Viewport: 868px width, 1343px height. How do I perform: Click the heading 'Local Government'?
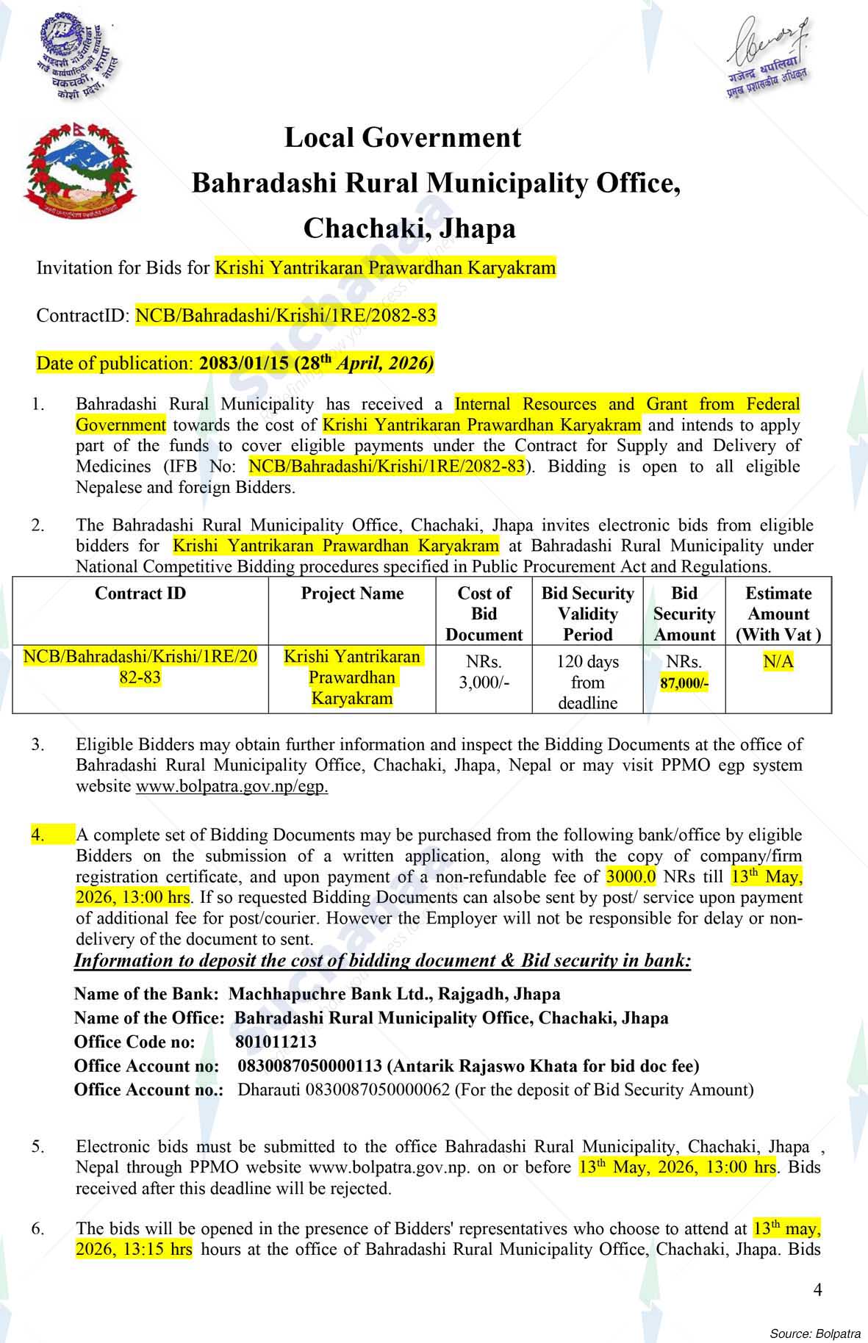(x=403, y=138)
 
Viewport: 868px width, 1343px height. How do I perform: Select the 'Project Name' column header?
(x=352, y=594)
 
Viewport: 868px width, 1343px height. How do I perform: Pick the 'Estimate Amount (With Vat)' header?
(x=778, y=613)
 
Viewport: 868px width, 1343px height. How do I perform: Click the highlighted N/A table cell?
(x=778, y=662)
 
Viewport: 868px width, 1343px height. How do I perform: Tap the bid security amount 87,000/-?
(x=684, y=683)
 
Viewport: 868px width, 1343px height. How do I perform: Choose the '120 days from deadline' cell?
(x=587, y=682)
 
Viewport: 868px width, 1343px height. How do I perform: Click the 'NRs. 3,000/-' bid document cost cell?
(x=484, y=672)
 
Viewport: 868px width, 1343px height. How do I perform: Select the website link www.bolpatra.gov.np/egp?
(x=232, y=786)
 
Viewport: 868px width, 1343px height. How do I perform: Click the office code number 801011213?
(x=276, y=1042)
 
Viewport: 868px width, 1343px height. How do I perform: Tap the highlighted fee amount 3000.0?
(x=631, y=876)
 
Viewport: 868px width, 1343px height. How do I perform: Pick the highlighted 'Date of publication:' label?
(x=115, y=364)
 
